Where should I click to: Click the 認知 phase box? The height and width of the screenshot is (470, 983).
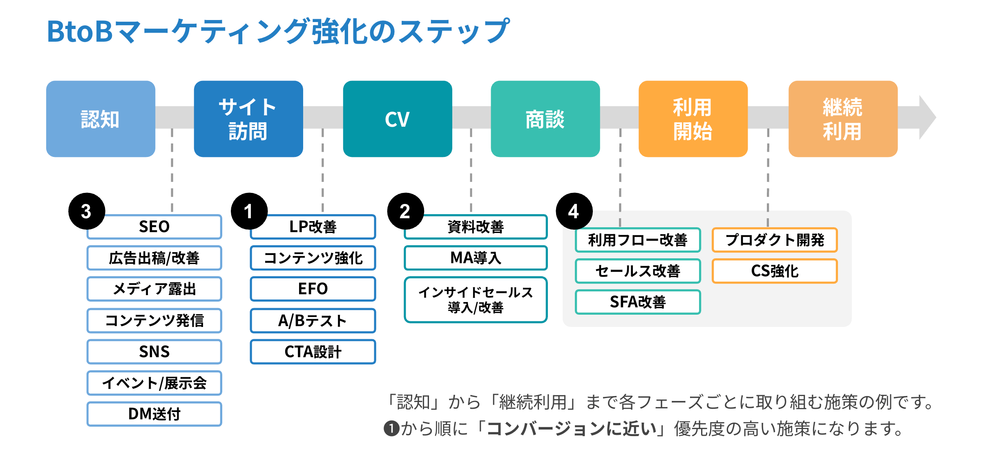point(101,119)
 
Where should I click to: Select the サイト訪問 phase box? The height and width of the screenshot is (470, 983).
point(248,119)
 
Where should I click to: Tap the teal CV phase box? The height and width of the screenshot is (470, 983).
point(397,119)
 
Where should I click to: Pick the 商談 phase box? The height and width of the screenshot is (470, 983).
point(545,119)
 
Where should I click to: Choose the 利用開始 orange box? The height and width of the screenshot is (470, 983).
point(693,119)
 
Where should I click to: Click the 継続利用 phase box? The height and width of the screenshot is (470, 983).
point(842,119)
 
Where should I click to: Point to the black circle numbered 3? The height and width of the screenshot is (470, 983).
point(86,211)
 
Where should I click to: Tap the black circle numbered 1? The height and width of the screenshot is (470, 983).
point(249,211)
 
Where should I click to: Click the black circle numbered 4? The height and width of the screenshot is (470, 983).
point(574,211)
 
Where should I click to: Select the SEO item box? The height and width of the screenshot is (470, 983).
point(154,227)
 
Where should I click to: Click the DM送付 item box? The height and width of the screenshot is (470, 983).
point(154,414)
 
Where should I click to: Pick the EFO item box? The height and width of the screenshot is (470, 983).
point(313,289)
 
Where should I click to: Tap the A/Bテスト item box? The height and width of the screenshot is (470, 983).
point(313,320)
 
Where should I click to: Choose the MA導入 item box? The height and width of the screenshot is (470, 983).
point(476,258)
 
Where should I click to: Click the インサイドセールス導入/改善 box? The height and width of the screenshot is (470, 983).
point(476,300)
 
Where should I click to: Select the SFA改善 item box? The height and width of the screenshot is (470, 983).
point(638,302)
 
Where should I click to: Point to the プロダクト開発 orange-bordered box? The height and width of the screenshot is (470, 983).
point(775,240)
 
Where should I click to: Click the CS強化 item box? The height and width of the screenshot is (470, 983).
point(775,271)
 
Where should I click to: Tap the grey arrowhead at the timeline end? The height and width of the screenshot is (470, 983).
point(927,118)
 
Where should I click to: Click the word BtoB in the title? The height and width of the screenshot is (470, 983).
point(80,31)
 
